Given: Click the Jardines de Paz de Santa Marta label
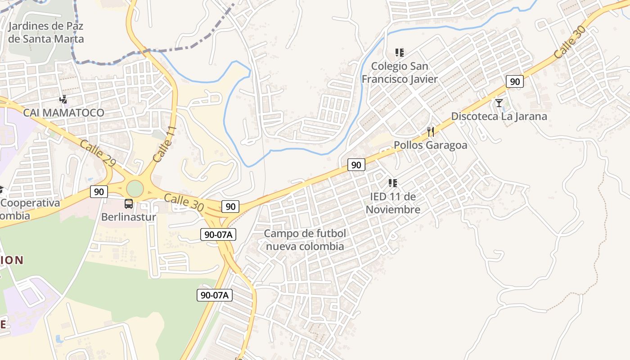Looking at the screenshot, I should click(46, 32).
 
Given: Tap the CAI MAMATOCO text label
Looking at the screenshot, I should click(63, 112).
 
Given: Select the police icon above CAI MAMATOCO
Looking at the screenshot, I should click(63, 99).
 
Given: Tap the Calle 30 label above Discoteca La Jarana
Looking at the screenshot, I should click(570, 41).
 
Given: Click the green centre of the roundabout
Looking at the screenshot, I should click(135, 189).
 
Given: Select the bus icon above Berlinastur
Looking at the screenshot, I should click(129, 204).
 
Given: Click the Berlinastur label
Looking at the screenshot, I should click(129, 217).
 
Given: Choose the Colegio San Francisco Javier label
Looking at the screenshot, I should click(400, 72).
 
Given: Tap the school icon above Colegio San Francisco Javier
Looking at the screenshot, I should click(400, 53).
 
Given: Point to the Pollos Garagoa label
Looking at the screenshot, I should click(430, 145).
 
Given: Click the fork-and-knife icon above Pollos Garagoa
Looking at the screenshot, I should click(431, 132).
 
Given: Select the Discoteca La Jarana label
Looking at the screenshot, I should click(499, 116).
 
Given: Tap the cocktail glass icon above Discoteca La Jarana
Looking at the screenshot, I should click(499, 103).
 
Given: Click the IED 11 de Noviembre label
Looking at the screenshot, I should click(393, 203).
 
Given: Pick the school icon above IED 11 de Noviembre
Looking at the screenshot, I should click(393, 183).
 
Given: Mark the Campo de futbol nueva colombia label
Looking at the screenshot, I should click(305, 240).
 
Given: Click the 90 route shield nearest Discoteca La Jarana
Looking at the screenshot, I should click(515, 81).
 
